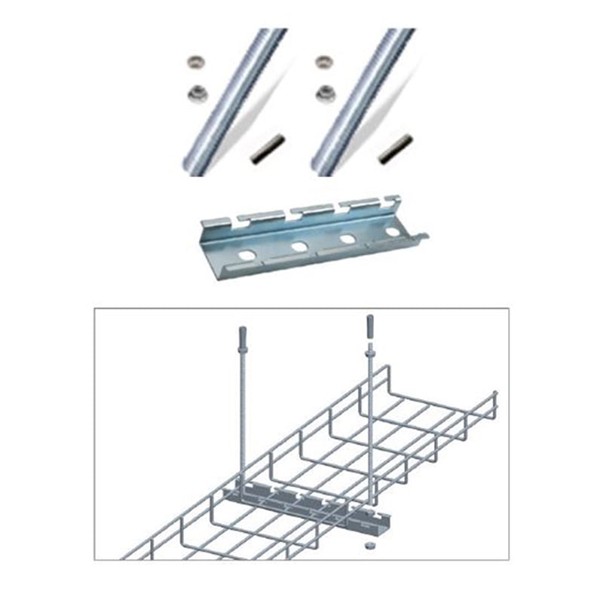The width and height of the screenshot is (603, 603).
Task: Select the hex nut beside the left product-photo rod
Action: coord(197,93)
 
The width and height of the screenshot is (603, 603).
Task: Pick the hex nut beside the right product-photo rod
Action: coord(326,93)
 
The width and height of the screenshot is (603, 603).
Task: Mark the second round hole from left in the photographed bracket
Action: coord(299,246)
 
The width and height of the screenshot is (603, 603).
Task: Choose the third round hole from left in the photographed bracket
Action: coord(348,239)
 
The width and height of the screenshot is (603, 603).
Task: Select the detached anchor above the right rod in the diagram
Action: coord(369,326)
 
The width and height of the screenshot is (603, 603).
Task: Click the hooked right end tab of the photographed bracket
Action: coord(421,239)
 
